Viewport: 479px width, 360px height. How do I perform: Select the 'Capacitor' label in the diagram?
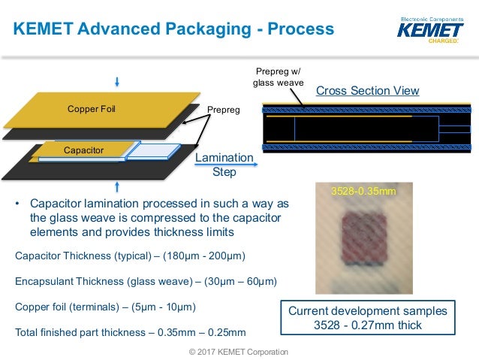pyautogui.click(x=83, y=150)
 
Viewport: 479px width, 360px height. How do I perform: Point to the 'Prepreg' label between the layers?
pyautogui.click(x=223, y=110)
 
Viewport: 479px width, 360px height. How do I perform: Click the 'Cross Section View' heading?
pyautogui.click(x=367, y=91)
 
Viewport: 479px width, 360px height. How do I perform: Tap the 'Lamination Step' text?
pyautogui.click(x=224, y=165)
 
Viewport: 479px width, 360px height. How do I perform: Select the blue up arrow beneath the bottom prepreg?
pyautogui.click(x=116, y=185)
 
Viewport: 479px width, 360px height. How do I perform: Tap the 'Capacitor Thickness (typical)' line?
pyautogui.click(x=131, y=256)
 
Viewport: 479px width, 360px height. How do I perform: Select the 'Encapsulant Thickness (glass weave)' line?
pyautogui.click(x=146, y=282)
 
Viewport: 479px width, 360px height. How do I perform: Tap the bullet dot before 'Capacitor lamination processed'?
pyautogui.click(x=18, y=204)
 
